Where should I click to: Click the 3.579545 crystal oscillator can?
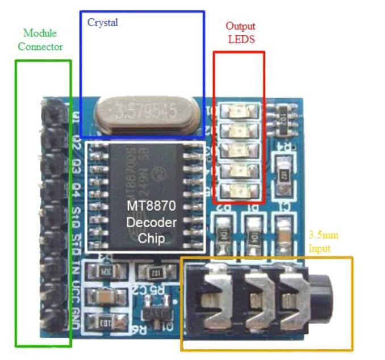click(x=148, y=111)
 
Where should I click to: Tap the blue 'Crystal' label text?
click(x=102, y=23)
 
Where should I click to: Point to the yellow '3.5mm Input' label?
click(x=323, y=241)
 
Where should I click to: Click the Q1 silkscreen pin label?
click(x=76, y=118)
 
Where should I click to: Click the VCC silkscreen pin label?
click(x=76, y=297)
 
